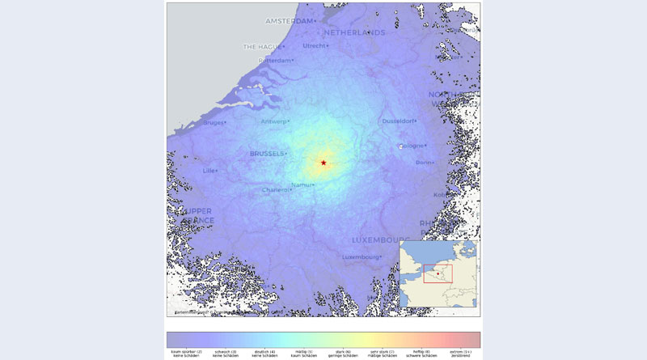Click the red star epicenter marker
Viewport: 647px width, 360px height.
click(x=323, y=163)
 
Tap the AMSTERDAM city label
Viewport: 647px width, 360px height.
click(x=289, y=21)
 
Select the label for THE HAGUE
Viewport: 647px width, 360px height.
click(x=261, y=47)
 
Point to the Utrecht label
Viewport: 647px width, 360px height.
click(x=315, y=46)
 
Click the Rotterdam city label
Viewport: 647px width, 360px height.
click(x=273, y=61)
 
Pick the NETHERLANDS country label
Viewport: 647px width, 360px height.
click(x=354, y=33)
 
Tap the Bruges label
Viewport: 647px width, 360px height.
click(x=213, y=123)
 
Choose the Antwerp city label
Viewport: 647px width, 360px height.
click(x=273, y=121)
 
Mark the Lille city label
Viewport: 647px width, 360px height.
click(x=209, y=171)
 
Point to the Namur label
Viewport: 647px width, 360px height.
click(x=302, y=185)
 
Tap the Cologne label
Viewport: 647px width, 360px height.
click(x=413, y=146)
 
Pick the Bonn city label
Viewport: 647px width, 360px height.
click(x=424, y=163)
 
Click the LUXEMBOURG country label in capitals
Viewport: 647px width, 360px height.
click(x=380, y=240)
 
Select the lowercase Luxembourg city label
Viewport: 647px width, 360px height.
click(x=361, y=257)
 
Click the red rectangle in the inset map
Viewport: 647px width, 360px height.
click(x=438, y=273)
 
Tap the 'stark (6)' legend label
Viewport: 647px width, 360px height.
click(x=342, y=353)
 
